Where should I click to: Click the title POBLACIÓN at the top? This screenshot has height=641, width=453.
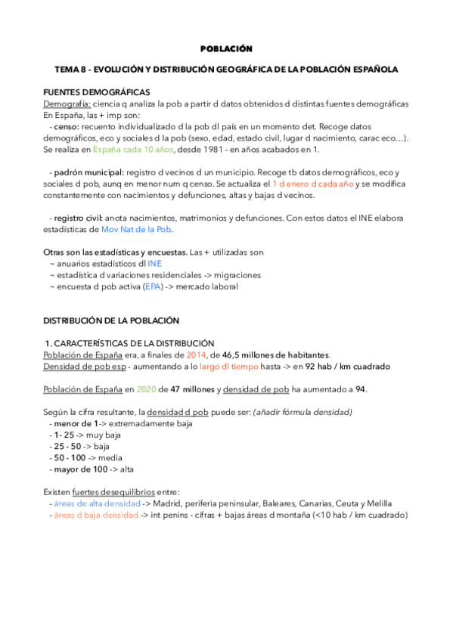click(x=225, y=48)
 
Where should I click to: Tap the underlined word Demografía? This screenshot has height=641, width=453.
click(x=67, y=103)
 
